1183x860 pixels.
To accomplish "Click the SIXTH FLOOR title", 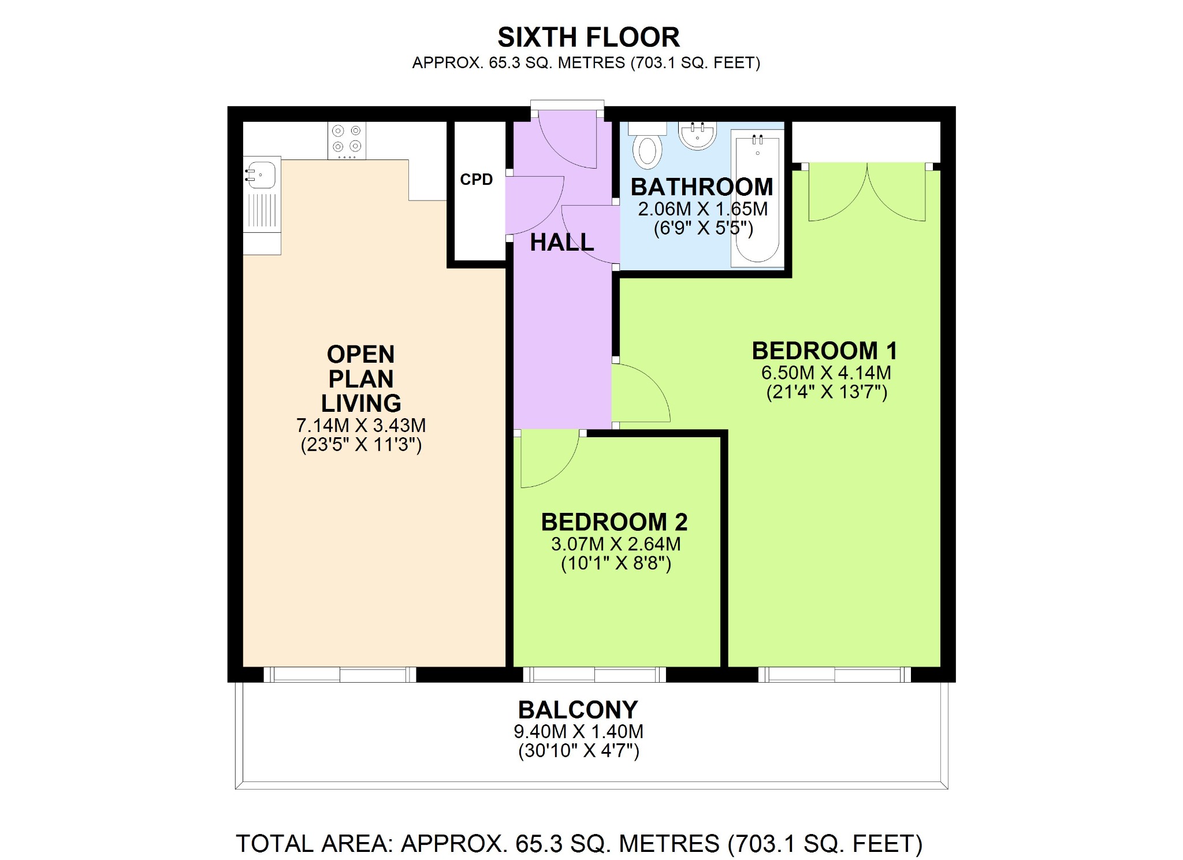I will (x=589, y=38).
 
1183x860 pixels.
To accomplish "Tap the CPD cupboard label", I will (x=477, y=180).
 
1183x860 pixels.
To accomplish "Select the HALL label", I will (x=562, y=243).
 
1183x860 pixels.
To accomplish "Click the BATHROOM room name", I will (x=702, y=187).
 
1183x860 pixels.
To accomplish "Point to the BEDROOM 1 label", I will (x=825, y=351).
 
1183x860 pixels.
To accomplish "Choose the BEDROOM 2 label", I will (x=615, y=522).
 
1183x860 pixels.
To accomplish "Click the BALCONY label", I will (x=578, y=710).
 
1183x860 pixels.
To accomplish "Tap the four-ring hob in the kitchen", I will (x=347, y=139).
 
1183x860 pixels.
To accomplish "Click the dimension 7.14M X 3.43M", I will (x=361, y=426).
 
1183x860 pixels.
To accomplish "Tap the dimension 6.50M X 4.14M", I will (x=826, y=373).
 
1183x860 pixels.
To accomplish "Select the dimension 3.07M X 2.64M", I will (x=616, y=544).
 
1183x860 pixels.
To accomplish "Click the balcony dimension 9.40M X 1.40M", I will (x=578, y=732).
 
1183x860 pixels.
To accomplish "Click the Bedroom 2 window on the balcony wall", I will (x=595, y=675).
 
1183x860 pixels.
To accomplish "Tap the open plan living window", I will (x=340, y=675).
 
